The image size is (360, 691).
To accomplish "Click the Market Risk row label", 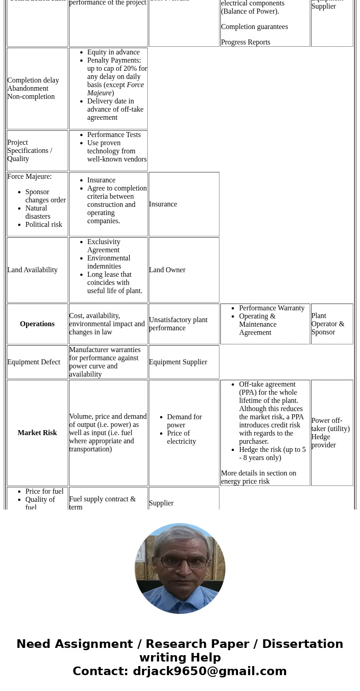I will click(x=37, y=433).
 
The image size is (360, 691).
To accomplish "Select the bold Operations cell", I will click(x=37, y=324).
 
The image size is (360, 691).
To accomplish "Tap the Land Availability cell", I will click(x=33, y=270).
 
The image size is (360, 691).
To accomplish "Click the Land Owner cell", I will click(x=167, y=270).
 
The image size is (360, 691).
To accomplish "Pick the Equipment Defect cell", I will click(x=34, y=362).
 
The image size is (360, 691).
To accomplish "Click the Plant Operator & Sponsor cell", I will click(x=328, y=324).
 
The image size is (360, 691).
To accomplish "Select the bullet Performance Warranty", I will click(x=272, y=308).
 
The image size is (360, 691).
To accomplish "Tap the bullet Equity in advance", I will click(x=113, y=52).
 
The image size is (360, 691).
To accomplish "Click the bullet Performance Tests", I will click(x=114, y=135).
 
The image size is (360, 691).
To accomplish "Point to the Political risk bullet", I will click(x=44, y=225).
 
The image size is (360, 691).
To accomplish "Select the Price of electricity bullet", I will click(x=181, y=437).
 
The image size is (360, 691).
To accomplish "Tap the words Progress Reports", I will click(x=245, y=42).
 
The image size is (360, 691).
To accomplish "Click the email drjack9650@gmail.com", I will click(x=209, y=671).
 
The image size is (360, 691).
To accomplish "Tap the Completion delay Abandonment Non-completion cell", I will click(x=33, y=88).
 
